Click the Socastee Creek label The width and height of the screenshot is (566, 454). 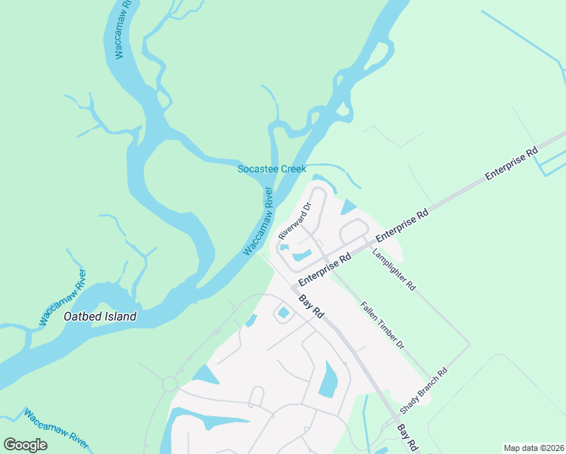click(x=272, y=169)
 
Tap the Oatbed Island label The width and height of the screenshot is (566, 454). click(x=100, y=316)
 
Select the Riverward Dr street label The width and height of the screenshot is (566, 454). click(x=295, y=220)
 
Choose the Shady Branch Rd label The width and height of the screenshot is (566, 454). click(x=424, y=390)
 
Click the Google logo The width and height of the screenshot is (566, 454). click(x=26, y=445)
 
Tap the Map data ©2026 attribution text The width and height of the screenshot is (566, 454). click(x=533, y=448)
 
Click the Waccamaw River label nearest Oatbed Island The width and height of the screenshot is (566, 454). click(x=64, y=298)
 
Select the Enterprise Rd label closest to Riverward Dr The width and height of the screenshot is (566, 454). click(x=325, y=269)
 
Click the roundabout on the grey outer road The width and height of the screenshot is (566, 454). click(x=169, y=384)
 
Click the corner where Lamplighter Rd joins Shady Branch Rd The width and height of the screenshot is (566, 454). click(x=469, y=344)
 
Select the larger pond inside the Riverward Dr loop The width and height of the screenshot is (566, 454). click(x=303, y=255)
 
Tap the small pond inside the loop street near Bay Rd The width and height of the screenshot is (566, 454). click(x=284, y=313)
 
